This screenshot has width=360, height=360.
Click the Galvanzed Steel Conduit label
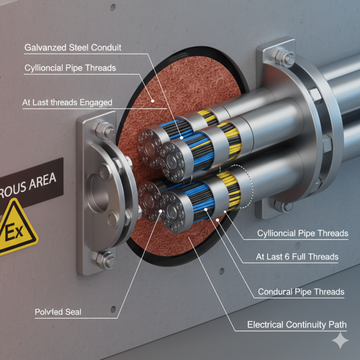[x=73, y=47]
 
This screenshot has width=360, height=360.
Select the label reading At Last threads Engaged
[x=67, y=102]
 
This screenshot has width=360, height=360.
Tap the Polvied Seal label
[x=58, y=312]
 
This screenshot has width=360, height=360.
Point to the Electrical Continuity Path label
[x=297, y=325]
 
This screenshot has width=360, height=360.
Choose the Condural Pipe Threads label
[x=301, y=292]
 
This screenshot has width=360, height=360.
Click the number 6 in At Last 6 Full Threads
[x=287, y=257]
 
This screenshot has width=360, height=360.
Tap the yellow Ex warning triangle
[x=16, y=227]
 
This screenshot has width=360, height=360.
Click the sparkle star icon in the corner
[x=340, y=340]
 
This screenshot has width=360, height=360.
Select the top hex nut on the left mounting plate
[x=105, y=131]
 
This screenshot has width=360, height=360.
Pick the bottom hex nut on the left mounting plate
[x=106, y=260]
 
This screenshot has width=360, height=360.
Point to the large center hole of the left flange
[x=97, y=193]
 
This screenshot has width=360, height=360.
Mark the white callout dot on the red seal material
[x=152, y=101]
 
